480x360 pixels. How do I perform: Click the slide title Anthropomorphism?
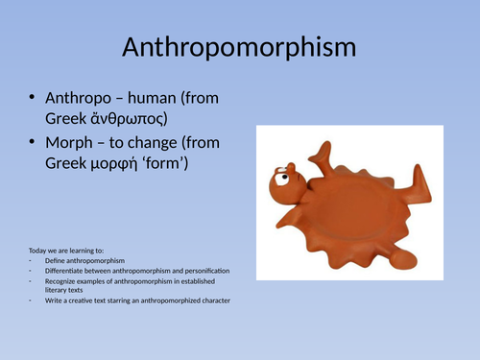coord(239,48)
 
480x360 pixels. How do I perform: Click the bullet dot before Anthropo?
coord(35,98)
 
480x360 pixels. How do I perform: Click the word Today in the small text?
coord(38,252)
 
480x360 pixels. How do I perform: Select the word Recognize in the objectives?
coord(60,281)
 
